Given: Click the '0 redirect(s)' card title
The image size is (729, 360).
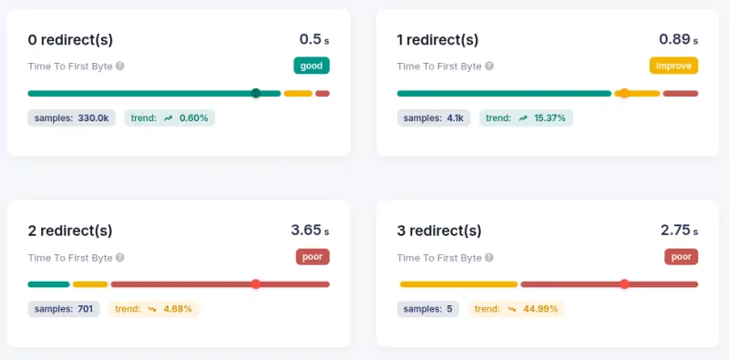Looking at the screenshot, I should [70, 39].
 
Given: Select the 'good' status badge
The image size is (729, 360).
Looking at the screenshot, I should [311, 66].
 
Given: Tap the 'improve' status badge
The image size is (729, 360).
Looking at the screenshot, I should [673, 66].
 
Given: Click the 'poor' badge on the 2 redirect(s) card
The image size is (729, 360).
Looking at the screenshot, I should [313, 256].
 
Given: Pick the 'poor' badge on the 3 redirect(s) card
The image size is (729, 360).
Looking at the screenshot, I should [682, 256].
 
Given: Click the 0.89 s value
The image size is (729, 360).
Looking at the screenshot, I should [678, 39].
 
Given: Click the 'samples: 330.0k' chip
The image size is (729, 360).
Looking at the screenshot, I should [71, 118].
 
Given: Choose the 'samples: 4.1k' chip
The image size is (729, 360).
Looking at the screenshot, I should [434, 118].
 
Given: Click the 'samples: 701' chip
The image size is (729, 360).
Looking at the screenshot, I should [64, 309].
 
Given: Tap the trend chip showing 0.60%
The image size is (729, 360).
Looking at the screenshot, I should [169, 118].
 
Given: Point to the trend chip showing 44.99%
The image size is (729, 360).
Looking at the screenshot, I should [517, 309].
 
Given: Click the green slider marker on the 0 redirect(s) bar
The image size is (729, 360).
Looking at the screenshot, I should [256, 93].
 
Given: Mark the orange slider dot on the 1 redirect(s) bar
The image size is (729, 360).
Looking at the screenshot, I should [624, 93].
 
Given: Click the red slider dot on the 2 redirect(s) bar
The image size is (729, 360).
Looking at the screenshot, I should [256, 284].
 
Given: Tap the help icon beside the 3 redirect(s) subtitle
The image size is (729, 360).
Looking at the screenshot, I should [489, 257].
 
